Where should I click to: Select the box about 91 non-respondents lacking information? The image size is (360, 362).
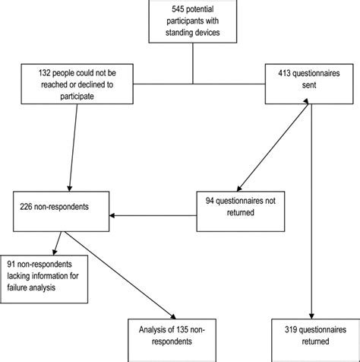coord(50,278)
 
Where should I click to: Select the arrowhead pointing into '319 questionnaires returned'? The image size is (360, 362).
coord(311,313)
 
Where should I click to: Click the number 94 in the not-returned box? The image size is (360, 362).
coord(211,200)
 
